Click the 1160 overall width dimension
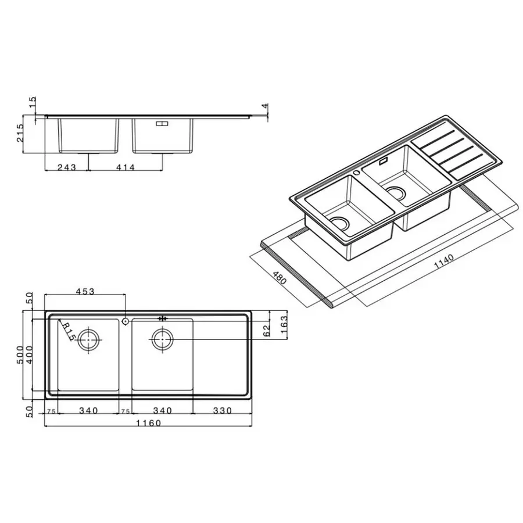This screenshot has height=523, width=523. pos(148,423)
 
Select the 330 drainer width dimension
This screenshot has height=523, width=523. pos(221,410)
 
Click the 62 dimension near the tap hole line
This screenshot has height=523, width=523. pos(267,331)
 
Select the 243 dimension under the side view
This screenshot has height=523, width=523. pos(67,167)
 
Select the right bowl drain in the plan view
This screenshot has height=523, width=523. pos(162,339)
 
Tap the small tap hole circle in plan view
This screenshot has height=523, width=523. pos(126,320)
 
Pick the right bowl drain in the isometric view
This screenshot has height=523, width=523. pos(397,194)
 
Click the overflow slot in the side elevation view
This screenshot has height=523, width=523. pos(162,123)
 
